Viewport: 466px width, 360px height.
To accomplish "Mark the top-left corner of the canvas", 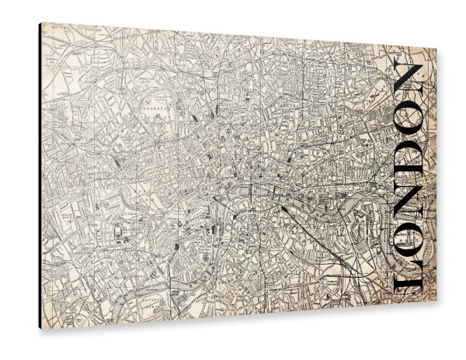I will tap(42, 24).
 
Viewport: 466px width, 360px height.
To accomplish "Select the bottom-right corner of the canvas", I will tap(436, 305).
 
